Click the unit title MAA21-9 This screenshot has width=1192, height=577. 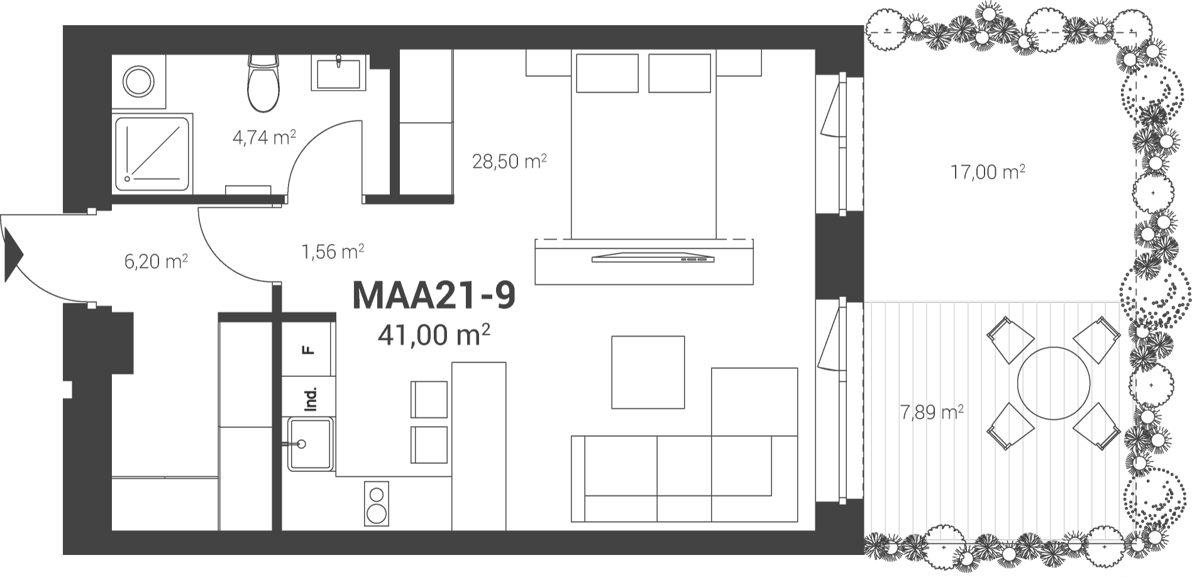(434, 295)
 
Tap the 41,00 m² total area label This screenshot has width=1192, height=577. (434, 335)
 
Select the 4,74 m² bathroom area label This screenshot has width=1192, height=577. (264, 137)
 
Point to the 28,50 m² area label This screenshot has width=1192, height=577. (509, 161)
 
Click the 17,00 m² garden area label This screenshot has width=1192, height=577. (988, 171)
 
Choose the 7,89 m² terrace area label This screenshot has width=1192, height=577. (932, 412)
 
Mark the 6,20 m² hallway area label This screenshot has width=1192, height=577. (156, 260)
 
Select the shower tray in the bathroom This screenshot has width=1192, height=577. (153, 153)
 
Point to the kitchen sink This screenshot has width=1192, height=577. (309, 444)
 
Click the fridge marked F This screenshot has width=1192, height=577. (307, 349)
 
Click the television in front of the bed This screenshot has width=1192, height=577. (653, 257)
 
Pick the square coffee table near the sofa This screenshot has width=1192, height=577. (648, 372)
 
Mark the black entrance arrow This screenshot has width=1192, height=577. (13, 254)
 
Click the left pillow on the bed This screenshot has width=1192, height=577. (607, 73)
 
